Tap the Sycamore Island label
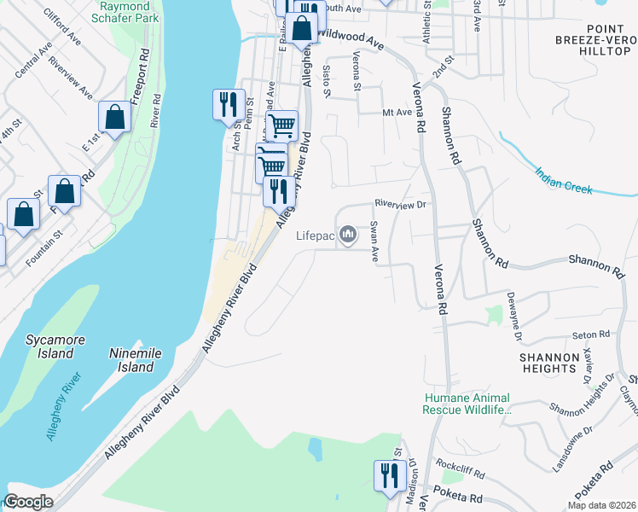click(x=55, y=346)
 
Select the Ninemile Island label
click(x=132, y=360)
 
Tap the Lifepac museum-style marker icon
click(x=348, y=234)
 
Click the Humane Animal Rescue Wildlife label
click(x=467, y=404)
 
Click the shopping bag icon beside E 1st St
click(x=114, y=118)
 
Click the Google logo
click(x=28, y=502)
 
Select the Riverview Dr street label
click(x=400, y=204)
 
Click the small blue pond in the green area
click(x=315, y=448)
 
